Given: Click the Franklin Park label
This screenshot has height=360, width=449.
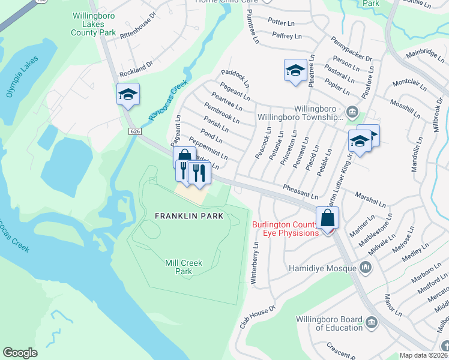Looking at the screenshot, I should (x=189, y=216).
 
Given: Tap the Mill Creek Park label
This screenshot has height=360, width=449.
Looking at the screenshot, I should (x=184, y=267).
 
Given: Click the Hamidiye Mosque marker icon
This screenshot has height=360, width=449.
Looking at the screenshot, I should (x=366, y=268).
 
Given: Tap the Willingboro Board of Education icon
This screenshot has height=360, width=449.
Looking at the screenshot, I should (x=371, y=323).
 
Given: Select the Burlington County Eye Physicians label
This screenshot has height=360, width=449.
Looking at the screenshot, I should (x=285, y=229).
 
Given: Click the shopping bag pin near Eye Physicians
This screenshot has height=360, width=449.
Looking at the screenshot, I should (x=328, y=218).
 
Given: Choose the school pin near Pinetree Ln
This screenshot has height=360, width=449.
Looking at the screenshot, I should (x=295, y=71).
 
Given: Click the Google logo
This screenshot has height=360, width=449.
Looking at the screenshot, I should (x=20, y=353).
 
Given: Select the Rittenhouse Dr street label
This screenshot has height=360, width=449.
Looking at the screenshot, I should (x=137, y=42).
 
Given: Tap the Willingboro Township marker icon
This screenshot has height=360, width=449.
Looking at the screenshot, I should (x=352, y=111).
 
